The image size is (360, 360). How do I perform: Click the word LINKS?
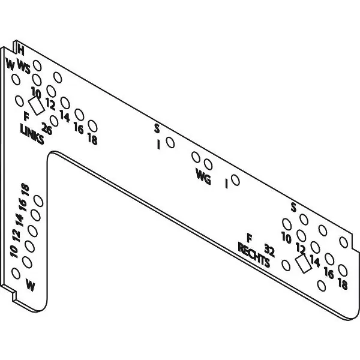(32, 134)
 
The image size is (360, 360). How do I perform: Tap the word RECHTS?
(254, 256)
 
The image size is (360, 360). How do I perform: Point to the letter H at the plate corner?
(21, 50)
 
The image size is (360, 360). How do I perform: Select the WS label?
(23, 67)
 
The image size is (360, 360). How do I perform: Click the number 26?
(47, 128)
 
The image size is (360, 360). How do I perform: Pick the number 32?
(269, 250)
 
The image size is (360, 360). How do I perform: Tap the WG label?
(203, 176)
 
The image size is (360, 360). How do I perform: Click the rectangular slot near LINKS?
(37, 106)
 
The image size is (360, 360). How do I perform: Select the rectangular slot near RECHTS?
(303, 264)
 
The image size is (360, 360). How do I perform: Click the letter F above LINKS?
(26, 116)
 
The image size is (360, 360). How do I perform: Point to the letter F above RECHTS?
(249, 238)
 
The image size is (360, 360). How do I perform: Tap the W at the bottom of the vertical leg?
(31, 284)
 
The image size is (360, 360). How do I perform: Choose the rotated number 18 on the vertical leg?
(25, 190)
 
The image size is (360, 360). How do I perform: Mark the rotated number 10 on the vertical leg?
(14, 251)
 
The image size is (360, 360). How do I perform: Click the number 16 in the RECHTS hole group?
(329, 273)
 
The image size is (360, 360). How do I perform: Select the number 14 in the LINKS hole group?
(65, 116)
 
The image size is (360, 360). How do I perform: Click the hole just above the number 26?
(54, 121)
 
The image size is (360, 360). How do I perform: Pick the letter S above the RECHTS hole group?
(293, 208)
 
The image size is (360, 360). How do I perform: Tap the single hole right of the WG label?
(235, 180)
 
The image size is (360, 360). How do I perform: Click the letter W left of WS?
(10, 64)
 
